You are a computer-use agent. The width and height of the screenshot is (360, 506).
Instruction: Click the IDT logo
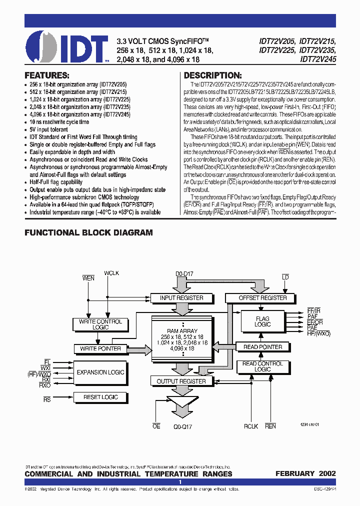(x=67, y=46)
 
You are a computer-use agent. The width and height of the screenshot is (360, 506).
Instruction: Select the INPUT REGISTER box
(x=181, y=298)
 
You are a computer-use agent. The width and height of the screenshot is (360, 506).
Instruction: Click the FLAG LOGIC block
(x=262, y=321)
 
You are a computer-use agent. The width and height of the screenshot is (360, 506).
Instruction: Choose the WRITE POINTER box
(x=100, y=348)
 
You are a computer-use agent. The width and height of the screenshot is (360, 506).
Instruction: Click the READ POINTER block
(x=262, y=347)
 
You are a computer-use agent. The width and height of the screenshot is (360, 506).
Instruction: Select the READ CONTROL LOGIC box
(x=262, y=366)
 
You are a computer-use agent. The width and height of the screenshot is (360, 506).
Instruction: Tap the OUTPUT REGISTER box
(x=181, y=381)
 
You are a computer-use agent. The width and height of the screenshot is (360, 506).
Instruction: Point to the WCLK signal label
(x=111, y=273)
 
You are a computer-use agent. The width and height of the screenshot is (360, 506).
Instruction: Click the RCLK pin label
(x=251, y=426)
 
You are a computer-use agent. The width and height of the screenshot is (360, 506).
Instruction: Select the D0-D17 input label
(x=184, y=273)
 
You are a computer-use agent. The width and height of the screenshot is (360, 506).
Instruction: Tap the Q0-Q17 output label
(x=183, y=427)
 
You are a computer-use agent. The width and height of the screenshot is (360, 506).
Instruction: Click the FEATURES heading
(x=47, y=75)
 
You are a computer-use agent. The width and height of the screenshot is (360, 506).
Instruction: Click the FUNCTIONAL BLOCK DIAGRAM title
(x=88, y=232)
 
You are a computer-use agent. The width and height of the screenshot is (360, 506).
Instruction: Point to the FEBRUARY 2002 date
(x=305, y=473)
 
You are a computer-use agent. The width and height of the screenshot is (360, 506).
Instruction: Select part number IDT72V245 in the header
(x=318, y=58)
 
